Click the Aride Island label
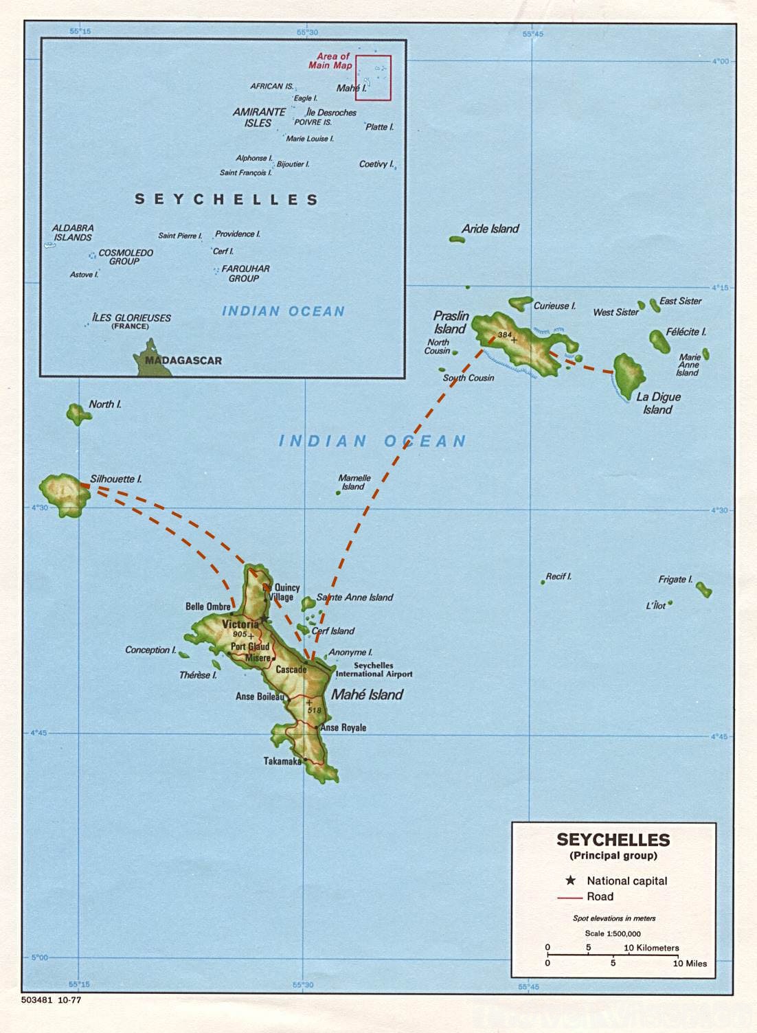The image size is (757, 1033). point(490,229)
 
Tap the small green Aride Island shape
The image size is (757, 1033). point(457,240)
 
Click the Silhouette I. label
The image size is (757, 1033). point(116,479)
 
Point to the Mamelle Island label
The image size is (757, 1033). point(354,482)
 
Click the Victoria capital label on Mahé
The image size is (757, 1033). point(240,624)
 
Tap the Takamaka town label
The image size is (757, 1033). point(282,761)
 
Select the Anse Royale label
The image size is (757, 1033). point(344,727)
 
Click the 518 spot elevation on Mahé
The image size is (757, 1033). point(314,710)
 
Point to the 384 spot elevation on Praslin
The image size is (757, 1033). point(505,335)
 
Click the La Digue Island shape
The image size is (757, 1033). point(627,375)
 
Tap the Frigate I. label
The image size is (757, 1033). point(675,579)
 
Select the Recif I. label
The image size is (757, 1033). point(558,576)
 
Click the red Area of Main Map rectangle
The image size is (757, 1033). point(373,78)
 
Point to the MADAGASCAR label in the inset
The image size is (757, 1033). point(183,361)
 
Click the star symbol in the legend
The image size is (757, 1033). point(570,881)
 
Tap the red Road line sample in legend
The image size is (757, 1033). point(569,897)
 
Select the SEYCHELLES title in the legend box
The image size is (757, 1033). point(613,839)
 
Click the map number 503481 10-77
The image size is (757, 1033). point(51,1000)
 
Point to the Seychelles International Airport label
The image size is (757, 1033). point(374,670)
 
